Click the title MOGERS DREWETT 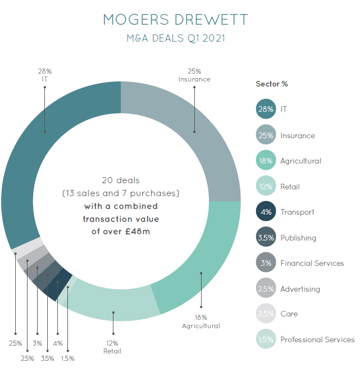pyautogui.click(x=176, y=20)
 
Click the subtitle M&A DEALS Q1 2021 pyautogui.click(x=176, y=39)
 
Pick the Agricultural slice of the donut pyautogui.click(x=202, y=264)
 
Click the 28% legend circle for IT pyautogui.click(x=266, y=109)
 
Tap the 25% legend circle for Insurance pyautogui.click(x=266, y=135)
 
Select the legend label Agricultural pyautogui.click(x=300, y=161)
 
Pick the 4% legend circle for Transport pyautogui.click(x=266, y=212)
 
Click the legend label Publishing pyautogui.click(x=298, y=238)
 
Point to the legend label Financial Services pyautogui.click(x=312, y=263)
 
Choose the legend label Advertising pyautogui.click(x=300, y=289)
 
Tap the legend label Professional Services pyautogui.click(x=317, y=339)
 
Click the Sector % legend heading pyautogui.click(x=272, y=84)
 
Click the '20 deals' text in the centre pyautogui.click(x=120, y=180)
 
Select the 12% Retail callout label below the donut pyautogui.click(x=113, y=347)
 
